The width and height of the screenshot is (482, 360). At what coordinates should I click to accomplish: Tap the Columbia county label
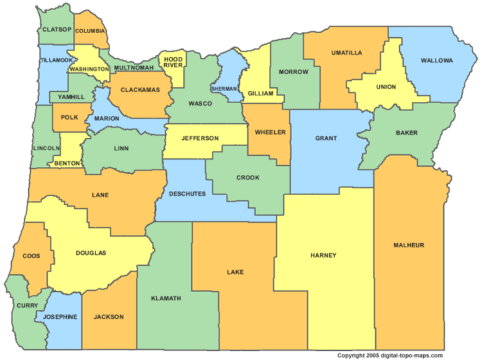click(x=89, y=31)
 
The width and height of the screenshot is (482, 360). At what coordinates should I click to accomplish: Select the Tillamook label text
click(x=56, y=60)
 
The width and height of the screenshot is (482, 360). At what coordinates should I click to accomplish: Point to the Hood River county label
click(x=173, y=62)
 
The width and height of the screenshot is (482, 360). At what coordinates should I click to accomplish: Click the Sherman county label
click(x=224, y=89)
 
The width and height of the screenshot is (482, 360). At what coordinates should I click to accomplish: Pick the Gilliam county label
click(x=261, y=93)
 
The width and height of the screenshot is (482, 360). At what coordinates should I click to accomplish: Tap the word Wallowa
click(x=436, y=60)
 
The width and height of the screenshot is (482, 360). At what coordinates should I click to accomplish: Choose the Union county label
click(x=386, y=87)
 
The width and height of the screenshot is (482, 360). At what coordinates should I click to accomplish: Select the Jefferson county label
click(x=200, y=138)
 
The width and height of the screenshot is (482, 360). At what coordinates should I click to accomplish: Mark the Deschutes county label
click(x=187, y=193)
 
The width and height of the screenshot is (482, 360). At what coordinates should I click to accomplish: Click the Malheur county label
click(x=409, y=245)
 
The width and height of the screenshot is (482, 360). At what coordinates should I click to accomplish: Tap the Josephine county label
click(x=60, y=317)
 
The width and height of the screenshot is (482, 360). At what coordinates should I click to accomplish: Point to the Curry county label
click(x=27, y=305)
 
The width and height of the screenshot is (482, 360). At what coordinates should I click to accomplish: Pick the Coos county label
click(x=31, y=256)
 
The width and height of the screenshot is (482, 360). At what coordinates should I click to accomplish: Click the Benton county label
click(x=67, y=163)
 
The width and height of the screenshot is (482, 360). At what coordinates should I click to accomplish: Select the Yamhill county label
click(x=71, y=97)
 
